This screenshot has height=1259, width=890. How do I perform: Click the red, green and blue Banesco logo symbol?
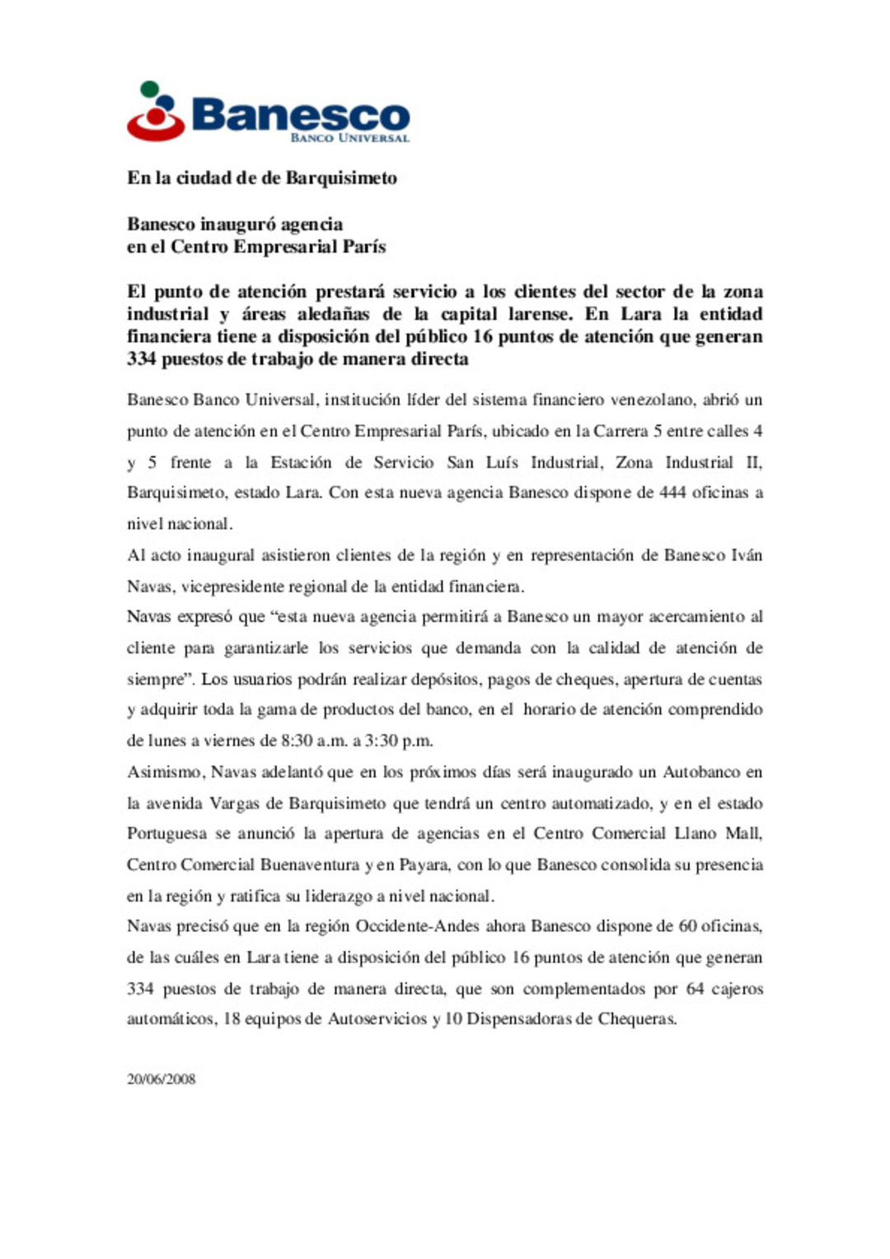coord(155,112)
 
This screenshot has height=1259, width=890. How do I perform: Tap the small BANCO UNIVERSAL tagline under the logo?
coord(349,138)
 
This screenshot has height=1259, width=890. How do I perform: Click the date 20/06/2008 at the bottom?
coord(161,1079)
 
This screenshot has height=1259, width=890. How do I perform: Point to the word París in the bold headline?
coord(364,246)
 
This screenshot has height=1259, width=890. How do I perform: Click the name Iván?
coord(747,555)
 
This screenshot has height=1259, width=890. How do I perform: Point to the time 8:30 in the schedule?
coord(296,741)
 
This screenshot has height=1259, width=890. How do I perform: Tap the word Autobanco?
coord(701,772)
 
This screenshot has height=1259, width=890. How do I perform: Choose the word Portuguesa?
coord(167,834)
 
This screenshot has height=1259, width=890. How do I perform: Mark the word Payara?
coord(424,864)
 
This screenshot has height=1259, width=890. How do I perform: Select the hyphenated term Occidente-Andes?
coord(417,926)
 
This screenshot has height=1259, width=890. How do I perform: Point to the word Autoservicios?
coord(377,1019)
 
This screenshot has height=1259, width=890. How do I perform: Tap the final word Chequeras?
coord(637,1019)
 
